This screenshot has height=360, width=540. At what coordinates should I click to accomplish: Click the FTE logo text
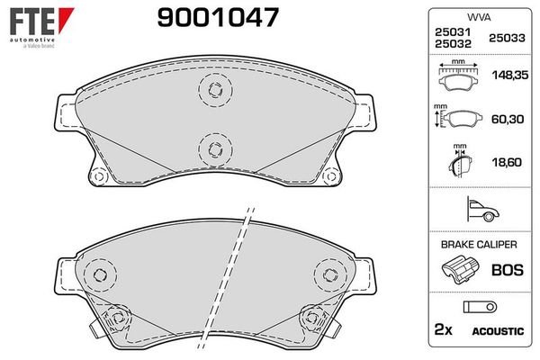coord(27,18)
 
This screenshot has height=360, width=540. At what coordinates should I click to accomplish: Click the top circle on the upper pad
coord(213,88)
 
